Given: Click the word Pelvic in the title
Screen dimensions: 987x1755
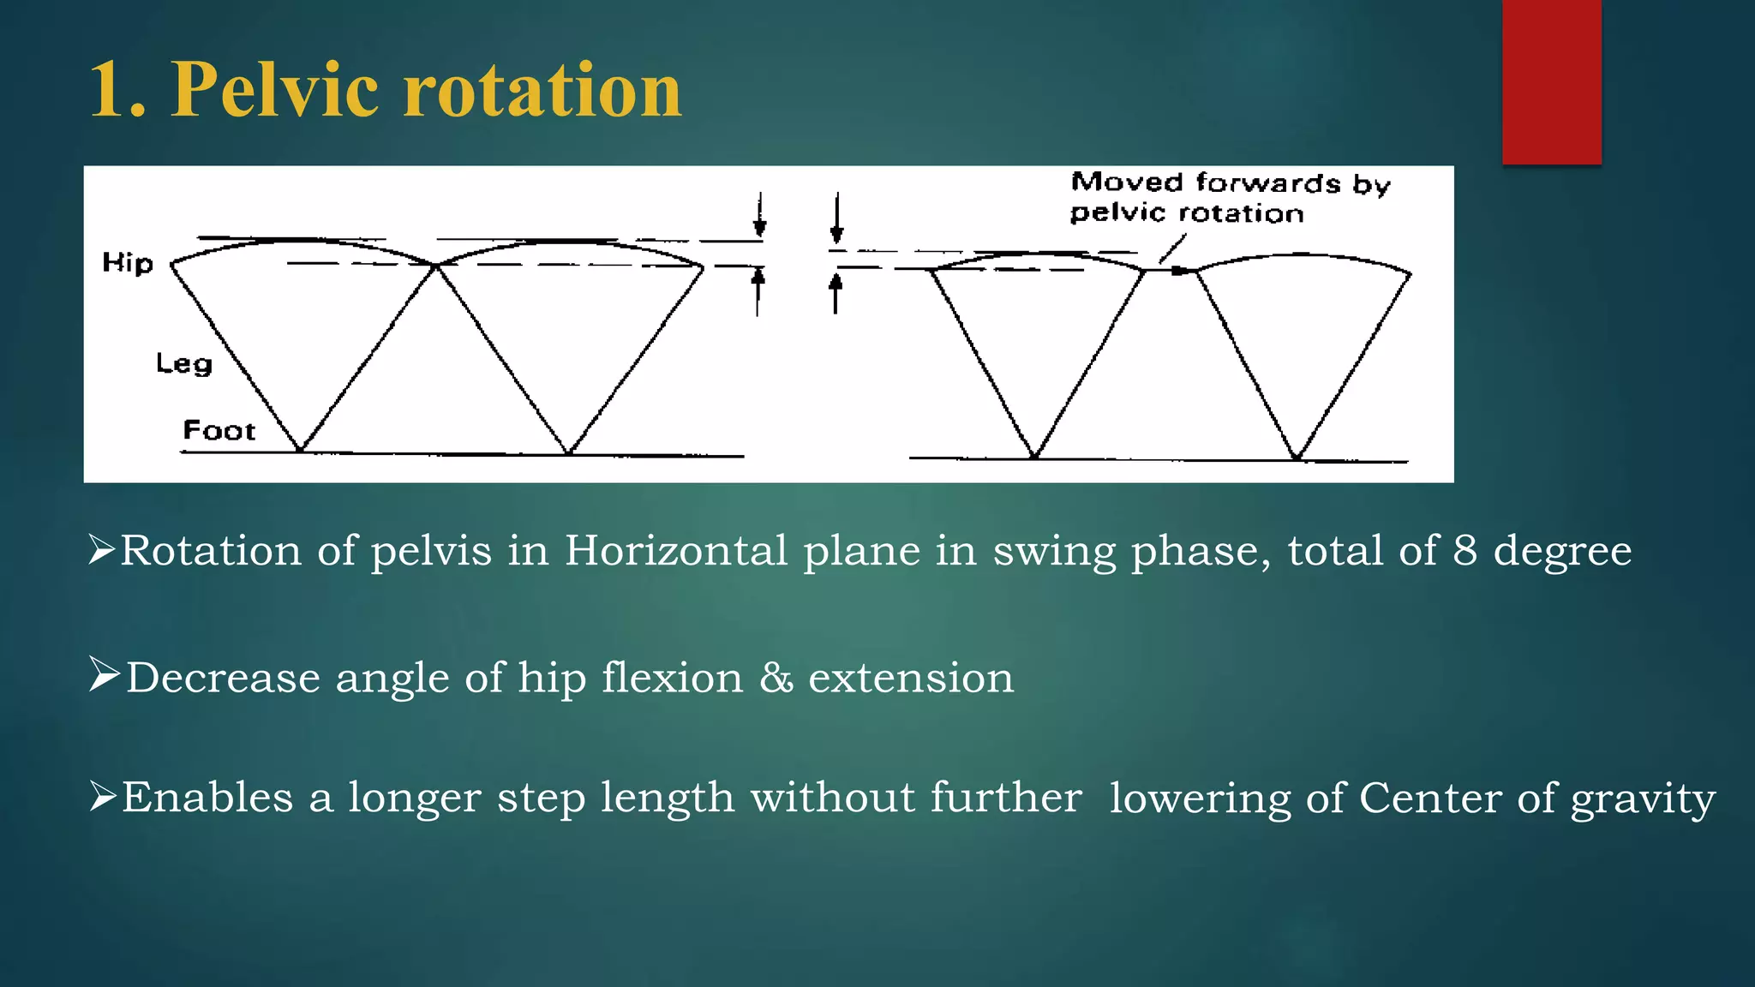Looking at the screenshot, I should pyautogui.click(x=274, y=90).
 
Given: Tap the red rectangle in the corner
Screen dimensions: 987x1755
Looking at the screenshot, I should pyautogui.click(x=1551, y=81).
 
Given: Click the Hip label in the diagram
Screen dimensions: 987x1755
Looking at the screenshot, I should pyautogui.click(x=128, y=263).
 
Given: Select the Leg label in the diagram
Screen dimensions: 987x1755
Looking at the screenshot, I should pyautogui.click(x=183, y=363).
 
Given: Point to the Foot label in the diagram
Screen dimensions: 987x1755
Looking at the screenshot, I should pyautogui.click(x=219, y=430).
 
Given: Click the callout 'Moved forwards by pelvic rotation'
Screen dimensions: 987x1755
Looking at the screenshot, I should pyautogui.click(x=1230, y=198).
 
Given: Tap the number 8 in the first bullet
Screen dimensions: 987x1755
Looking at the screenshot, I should pyautogui.click(x=1465, y=550).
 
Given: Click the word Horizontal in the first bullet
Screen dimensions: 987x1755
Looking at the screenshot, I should pyautogui.click(x=675, y=550).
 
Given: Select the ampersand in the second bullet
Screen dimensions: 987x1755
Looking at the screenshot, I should pyautogui.click(x=776, y=678).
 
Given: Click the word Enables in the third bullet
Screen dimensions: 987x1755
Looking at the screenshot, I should pyautogui.click(x=207, y=798).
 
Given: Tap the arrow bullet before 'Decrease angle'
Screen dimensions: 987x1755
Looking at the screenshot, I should pyautogui.click(x=104, y=675).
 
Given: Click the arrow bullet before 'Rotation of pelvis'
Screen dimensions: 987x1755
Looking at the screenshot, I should pyautogui.click(x=101, y=549).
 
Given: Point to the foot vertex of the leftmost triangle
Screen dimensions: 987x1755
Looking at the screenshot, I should pyautogui.click(x=301, y=450).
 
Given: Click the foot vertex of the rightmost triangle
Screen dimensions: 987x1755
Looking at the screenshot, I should pyautogui.click(x=1297, y=458).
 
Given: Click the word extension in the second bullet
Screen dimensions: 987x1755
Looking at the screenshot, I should pyautogui.click(x=911, y=678).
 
